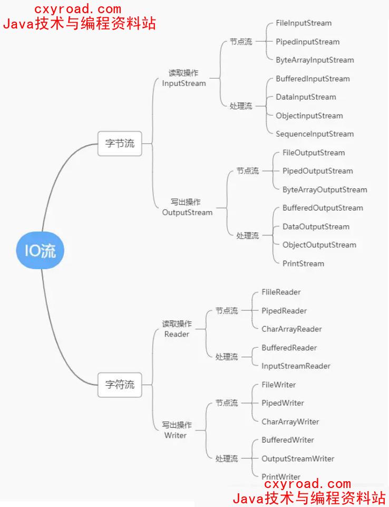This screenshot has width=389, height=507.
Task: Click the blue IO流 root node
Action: [40, 251]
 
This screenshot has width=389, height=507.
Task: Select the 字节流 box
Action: [120, 144]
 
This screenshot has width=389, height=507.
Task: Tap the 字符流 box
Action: [120, 385]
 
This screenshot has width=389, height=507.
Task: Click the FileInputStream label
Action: [304, 23]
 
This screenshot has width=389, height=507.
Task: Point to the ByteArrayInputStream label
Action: [315, 60]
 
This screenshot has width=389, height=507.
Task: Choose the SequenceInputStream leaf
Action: [315, 134]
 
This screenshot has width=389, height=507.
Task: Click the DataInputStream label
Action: [306, 97]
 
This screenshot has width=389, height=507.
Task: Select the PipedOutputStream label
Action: [317, 171]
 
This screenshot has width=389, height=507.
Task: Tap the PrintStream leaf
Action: [303, 263]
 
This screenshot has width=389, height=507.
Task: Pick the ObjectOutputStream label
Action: [319, 245]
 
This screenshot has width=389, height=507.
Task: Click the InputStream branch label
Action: [184, 83]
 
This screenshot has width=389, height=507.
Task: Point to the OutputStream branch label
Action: [187, 213]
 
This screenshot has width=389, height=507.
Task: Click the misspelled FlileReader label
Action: [281, 292]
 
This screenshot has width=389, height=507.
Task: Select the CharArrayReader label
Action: [291, 329]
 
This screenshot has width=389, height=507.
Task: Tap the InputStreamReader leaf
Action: [296, 366]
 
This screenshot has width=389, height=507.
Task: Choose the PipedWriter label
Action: [283, 403]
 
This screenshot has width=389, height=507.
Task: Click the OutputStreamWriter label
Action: [298, 458]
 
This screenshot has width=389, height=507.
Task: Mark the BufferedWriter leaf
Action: [288, 440]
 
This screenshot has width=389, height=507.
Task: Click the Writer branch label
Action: [176, 435]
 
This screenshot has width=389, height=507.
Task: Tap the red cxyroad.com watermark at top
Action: [77, 9]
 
